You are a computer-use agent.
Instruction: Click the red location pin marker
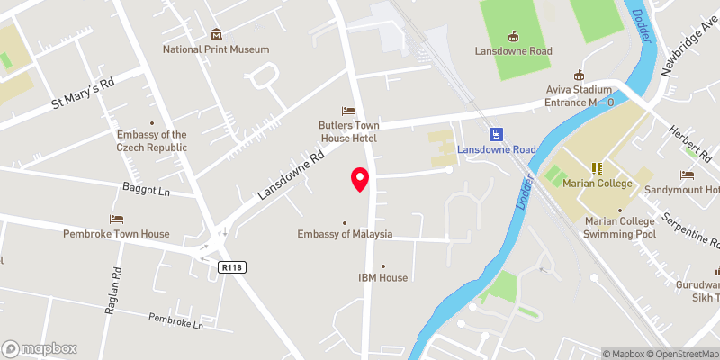click(360, 179)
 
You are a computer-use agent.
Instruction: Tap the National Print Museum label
click(216, 49)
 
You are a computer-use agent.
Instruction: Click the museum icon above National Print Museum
click(216, 32)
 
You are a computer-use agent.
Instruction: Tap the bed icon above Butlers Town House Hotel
click(347, 110)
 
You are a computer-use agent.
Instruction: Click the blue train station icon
click(495, 134)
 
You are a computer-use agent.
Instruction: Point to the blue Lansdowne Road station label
click(496, 149)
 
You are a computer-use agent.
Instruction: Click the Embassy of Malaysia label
click(346, 234)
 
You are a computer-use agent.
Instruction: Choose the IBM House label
click(383, 278)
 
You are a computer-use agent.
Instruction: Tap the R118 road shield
click(231, 267)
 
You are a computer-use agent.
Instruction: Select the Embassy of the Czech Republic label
click(152, 141)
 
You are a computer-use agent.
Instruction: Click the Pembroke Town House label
click(116, 234)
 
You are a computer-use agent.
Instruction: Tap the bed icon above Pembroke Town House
click(116, 219)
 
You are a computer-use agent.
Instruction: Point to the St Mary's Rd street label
click(82, 92)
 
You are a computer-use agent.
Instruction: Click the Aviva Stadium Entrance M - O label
click(580, 96)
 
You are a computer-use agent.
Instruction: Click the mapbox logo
click(40, 348)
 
